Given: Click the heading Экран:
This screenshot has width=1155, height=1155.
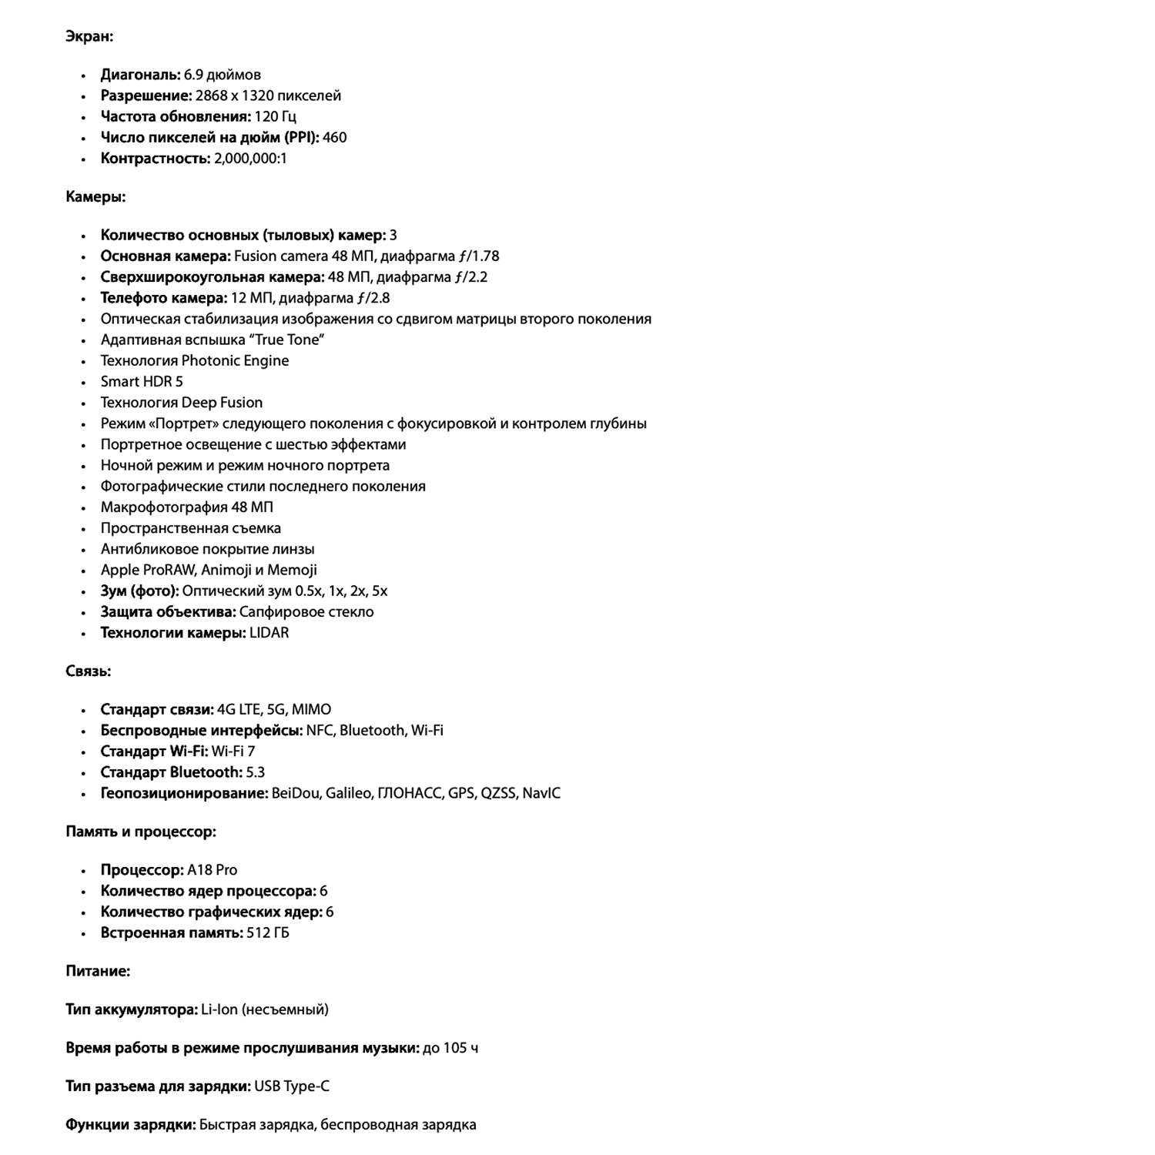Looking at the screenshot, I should [89, 36].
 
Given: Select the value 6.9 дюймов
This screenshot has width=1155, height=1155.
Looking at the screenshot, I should [222, 75].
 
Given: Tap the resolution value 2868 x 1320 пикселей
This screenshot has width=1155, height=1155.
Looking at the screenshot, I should [268, 95].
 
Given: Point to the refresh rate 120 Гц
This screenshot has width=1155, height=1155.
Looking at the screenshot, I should [275, 116].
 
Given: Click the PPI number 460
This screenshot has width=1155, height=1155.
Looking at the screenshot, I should [334, 137].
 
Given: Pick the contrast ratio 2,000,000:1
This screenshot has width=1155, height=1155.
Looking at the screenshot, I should [250, 159].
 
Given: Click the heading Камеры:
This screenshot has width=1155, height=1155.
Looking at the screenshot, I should [95, 197].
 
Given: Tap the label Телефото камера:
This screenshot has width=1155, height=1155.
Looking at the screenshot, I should [163, 298].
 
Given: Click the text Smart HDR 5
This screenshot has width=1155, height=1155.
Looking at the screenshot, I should [142, 382].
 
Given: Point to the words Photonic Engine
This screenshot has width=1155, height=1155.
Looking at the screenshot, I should [235, 361].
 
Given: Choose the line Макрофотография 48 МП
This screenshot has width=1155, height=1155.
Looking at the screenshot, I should [187, 507].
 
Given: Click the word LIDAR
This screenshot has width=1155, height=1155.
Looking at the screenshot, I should [269, 633].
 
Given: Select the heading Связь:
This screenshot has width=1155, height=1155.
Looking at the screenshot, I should [88, 671].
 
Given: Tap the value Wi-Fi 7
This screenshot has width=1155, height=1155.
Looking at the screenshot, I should [233, 752].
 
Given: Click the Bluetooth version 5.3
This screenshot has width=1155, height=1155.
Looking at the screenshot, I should [255, 772].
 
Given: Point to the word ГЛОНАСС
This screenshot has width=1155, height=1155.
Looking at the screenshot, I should [409, 793].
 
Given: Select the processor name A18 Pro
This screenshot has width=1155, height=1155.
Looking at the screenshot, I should [212, 870].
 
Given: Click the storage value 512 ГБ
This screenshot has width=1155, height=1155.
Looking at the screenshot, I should [267, 933].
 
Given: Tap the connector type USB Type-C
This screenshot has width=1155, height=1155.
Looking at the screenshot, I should [291, 1086].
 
